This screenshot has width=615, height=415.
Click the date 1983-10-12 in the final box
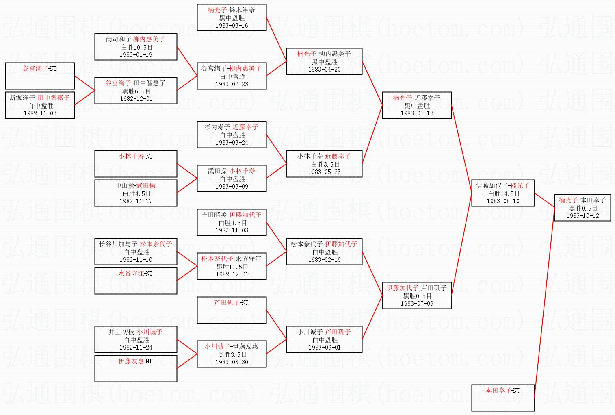click(583, 216)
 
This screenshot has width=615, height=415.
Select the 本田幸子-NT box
click(502, 397)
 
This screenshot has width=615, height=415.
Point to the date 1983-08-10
click(503, 201)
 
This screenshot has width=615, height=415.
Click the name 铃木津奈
click(242, 10)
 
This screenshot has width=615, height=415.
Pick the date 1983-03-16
click(232, 26)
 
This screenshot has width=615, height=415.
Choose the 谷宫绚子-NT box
click(40, 76)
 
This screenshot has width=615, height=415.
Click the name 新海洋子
click(23, 98)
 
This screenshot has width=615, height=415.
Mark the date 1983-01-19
click(136, 55)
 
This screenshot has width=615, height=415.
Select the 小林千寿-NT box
click(136, 163)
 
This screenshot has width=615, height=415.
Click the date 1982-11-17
click(136, 201)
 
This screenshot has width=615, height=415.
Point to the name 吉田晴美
click(214, 215)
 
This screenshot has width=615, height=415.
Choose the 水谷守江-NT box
click(136, 280)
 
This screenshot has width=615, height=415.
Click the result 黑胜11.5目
click(232, 267)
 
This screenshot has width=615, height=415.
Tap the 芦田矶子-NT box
click(232, 310)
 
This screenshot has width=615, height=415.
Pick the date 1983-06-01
click(324, 348)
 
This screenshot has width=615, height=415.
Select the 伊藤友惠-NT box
click(136, 368)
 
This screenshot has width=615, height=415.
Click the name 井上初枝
click(121, 332)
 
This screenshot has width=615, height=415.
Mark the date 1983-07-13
click(417, 113)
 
